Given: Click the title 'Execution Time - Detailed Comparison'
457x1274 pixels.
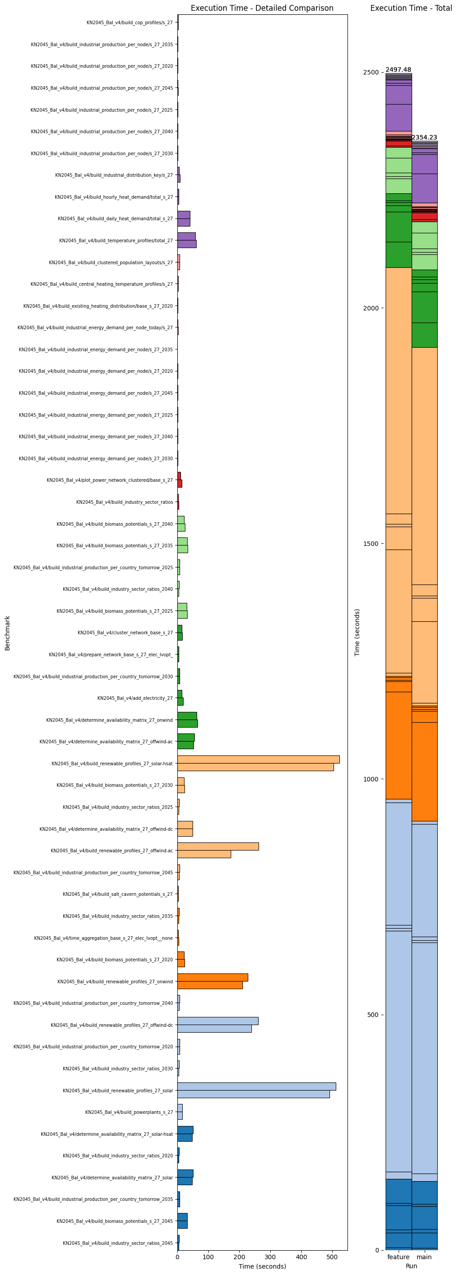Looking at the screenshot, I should tap(262, 8).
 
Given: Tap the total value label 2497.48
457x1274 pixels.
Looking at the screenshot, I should tap(398, 70).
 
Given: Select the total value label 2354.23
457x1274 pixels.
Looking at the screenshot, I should tap(424, 137).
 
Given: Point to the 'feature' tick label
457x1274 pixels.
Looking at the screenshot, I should tap(398, 1257).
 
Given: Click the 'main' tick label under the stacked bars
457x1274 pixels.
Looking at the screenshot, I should tap(424, 1257).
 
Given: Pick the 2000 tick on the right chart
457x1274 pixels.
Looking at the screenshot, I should tap(370, 308).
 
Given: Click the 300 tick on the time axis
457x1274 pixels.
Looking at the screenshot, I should tap(270, 1257).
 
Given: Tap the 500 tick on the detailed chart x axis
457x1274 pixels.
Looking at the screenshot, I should tap(332, 1257).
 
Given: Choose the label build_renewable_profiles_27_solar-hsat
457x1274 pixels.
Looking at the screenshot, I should tap(112, 764).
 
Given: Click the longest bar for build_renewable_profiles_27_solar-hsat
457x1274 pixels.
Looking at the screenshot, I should tap(258, 759).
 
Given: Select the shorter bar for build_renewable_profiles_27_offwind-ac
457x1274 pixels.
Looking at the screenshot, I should tap(204, 854).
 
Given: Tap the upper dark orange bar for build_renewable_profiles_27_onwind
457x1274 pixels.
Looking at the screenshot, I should tap(212, 977).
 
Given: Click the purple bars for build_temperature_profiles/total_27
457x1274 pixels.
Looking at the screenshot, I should tap(187, 240).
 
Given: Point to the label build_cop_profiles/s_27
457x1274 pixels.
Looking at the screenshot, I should tap(129, 23).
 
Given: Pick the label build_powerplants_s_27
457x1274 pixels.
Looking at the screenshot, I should tap(129, 1112).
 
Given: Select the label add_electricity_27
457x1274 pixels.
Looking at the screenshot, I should tap(135, 698).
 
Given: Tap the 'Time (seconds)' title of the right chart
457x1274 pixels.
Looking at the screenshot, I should tap(357, 633).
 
